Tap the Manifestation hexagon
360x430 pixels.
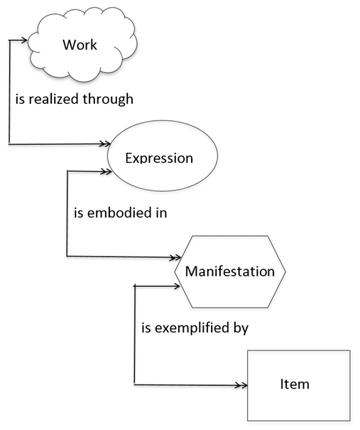click(x=229, y=271)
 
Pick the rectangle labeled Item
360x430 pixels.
click(x=298, y=385)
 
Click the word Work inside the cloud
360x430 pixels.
click(x=80, y=45)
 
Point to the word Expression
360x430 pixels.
click(x=159, y=157)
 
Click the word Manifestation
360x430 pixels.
click(x=229, y=271)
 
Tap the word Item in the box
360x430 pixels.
click(x=294, y=385)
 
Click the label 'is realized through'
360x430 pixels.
click(x=75, y=100)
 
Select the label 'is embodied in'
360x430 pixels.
click(x=120, y=213)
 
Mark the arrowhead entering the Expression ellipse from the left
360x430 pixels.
click(x=103, y=144)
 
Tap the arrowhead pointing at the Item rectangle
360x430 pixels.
click(x=242, y=385)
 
